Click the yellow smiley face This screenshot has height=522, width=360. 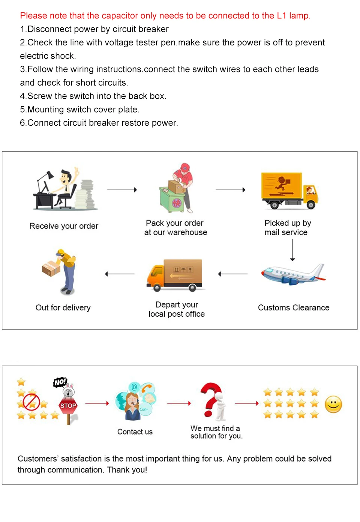333,405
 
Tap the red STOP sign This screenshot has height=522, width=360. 68,406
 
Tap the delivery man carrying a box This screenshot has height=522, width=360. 60,271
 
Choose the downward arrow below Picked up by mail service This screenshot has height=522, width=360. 292,250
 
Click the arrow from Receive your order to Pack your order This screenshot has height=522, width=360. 122,190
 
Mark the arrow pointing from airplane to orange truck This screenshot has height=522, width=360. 232,274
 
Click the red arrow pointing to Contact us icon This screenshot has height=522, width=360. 97,403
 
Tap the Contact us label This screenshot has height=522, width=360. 135,432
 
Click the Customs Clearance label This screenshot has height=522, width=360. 294,308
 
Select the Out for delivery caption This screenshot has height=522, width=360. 63,308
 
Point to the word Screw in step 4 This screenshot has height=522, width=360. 39,96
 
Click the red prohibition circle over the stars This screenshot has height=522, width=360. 31,402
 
